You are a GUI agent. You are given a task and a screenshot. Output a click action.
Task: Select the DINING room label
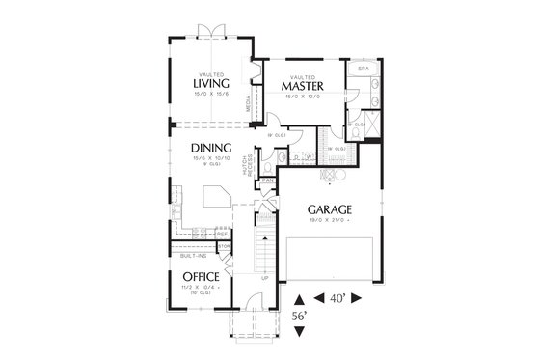coord(209,147)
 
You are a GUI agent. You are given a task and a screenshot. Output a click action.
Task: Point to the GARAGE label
coord(329,208)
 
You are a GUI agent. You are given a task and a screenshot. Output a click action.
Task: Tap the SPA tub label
coord(364,69)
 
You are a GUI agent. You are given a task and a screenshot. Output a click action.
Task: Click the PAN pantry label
coord(267,180)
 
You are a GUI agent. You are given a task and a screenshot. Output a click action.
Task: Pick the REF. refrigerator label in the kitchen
coord(222,234)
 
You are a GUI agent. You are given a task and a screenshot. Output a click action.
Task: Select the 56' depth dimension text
coord(298,316)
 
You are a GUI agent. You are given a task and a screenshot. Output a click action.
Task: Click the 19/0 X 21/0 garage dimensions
coord(329,221)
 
